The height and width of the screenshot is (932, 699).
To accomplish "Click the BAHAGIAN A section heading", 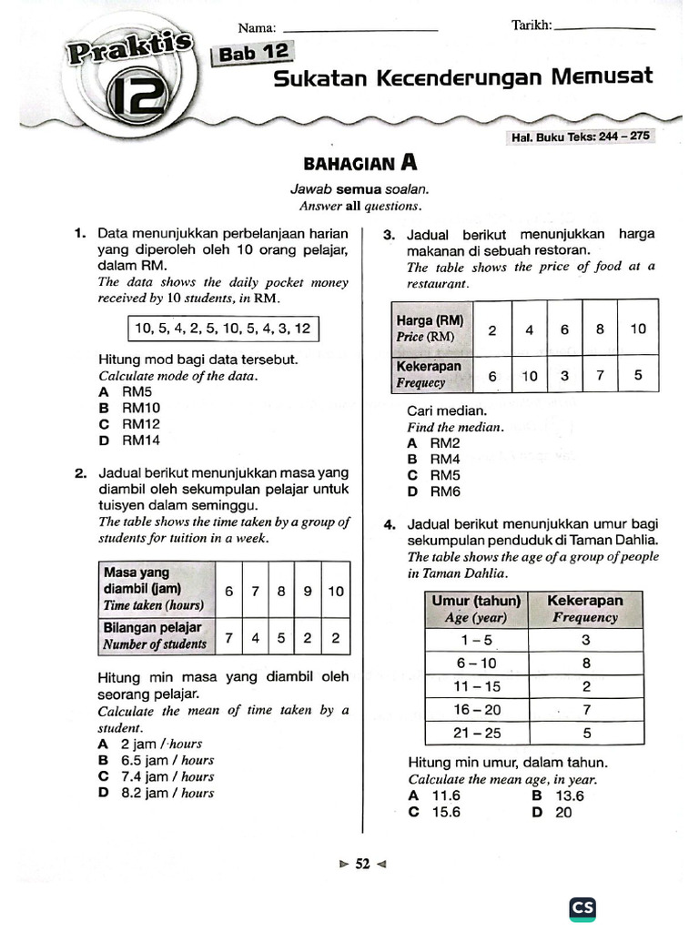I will point(360,164).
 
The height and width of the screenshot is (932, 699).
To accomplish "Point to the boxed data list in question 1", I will point(222,329).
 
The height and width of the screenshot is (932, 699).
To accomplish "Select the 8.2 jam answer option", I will point(156,793).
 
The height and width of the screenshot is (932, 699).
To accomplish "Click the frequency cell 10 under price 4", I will point(529,374).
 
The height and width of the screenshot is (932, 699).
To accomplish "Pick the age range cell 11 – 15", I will point(477,687).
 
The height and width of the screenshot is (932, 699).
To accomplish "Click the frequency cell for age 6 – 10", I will point(585,664).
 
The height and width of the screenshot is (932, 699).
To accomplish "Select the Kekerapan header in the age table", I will point(585,609).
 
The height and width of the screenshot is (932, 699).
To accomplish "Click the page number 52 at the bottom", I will point(362,865).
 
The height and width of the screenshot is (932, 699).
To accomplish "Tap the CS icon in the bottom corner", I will point(582,908).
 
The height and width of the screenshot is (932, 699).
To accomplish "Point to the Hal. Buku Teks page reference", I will point(582,137).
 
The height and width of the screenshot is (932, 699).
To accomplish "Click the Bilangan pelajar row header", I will point(156,636).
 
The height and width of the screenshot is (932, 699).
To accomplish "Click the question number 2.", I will point(81,473).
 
